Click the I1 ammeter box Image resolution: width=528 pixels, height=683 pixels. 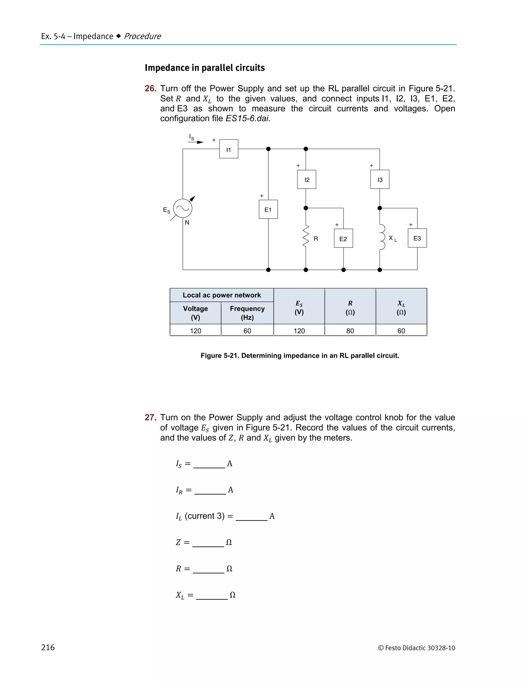(229, 149)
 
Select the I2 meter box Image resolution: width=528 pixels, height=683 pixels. (307, 179)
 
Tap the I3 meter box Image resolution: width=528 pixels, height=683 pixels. (380, 179)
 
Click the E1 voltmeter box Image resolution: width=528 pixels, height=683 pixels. (268, 209)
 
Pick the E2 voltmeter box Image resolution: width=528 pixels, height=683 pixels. (343, 238)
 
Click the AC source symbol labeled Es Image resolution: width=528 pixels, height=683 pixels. (183, 208)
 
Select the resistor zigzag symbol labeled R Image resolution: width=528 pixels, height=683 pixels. (306, 236)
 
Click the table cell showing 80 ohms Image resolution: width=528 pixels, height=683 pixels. (350, 331)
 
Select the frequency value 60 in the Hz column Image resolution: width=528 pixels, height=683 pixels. (247, 331)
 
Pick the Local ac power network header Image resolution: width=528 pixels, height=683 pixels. (221, 295)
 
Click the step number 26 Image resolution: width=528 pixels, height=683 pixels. (151, 88)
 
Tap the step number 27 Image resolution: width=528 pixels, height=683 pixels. (151, 417)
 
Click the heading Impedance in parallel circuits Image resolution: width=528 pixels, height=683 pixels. (204, 68)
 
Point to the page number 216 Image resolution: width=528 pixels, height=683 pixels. (48, 647)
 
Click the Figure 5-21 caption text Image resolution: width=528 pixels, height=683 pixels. (300, 356)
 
